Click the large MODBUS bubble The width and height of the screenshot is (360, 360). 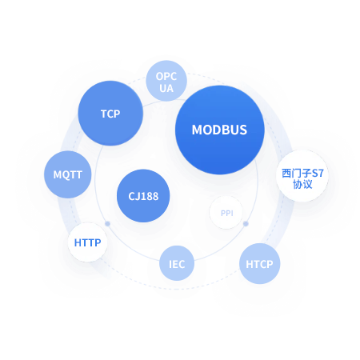(220, 130)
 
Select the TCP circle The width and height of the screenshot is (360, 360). (110, 114)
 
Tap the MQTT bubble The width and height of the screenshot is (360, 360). (68, 174)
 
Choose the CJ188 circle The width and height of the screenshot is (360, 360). (143, 196)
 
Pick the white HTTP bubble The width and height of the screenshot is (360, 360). (87, 242)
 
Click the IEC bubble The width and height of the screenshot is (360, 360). (177, 263)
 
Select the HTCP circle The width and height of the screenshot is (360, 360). (259, 264)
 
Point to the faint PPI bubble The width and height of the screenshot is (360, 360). (226, 213)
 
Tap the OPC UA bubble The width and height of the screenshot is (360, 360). (166, 81)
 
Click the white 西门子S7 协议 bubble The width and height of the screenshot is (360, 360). (302, 176)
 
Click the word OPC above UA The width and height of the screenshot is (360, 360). (166, 77)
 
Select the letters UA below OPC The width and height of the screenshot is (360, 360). (166, 88)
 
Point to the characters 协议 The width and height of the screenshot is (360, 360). (302, 184)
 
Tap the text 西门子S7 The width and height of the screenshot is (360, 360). (302, 174)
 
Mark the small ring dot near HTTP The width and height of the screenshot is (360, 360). (107, 223)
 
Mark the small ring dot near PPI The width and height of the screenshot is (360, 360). (246, 223)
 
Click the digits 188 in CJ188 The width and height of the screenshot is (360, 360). (150, 196)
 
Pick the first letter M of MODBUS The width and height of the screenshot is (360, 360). (197, 130)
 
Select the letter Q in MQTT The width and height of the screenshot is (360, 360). (66, 175)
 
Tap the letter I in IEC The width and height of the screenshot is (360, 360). (170, 264)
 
